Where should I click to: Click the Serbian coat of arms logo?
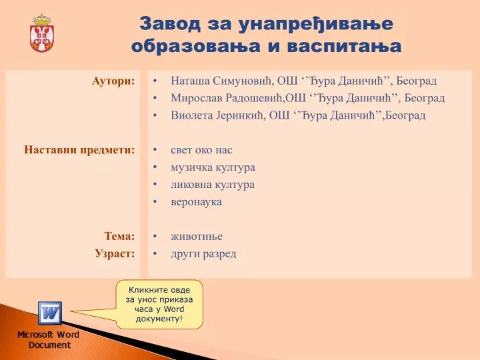42,33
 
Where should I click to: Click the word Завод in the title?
170,24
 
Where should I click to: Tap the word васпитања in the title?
345,46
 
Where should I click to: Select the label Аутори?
113,81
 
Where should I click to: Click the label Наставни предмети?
79,150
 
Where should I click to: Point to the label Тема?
120,236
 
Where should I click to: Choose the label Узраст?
115,254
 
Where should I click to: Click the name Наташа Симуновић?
221,81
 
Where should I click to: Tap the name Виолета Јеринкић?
217,115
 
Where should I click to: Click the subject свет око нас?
201,150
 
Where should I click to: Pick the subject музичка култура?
213,167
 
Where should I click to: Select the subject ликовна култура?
213,185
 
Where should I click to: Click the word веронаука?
196,202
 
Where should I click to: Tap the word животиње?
197,236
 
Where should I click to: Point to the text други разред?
203,254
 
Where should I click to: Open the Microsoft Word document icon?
50,313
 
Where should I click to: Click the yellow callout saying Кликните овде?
159,304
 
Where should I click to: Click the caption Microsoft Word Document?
49,340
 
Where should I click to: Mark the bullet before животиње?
155,236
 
